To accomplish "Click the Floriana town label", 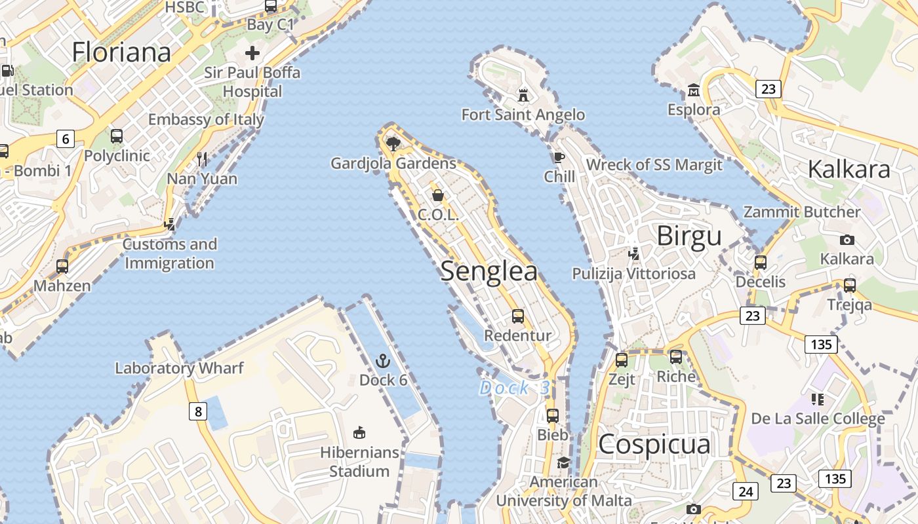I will tap(121, 52).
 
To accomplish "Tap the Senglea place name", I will tap(489, 271).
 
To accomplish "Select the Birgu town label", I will tap(688, 236).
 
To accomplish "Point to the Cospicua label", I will tap(654, 444).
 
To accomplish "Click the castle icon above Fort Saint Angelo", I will tap(523, 96).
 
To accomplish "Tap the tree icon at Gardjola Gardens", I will tap(393, 144).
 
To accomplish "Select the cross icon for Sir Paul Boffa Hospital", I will tap(252, 53).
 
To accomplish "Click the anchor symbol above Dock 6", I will tap(382, 361).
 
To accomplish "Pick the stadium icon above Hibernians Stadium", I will tap(359, 433).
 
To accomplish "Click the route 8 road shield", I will tap(198, 411).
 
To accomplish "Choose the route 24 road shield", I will tap(746, 491).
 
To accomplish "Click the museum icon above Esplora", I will tap(693, 90).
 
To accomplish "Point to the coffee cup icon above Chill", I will tap(558, 157).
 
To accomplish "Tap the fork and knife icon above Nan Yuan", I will tap(202, 159).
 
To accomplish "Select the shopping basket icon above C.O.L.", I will tap(437, 195).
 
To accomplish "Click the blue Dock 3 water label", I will tap(515, 388).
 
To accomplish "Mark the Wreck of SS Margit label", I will tap(654, 164).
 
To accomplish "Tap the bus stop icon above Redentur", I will tap(518, 316).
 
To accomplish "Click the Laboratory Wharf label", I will tap(179, 368).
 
